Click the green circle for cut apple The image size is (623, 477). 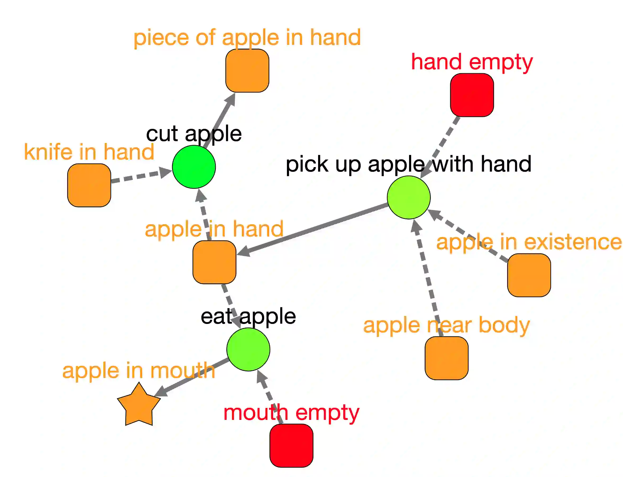(194, 167)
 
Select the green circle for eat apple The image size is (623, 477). (248, 350)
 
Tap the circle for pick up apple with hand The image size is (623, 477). (409, 198)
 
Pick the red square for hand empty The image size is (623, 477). (472, 95)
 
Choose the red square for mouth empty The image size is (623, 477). (291, 446)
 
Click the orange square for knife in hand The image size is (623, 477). (89, 185)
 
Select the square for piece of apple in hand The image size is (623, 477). (247, 71)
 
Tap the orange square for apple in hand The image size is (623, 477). (214, 262)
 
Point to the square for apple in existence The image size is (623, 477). (529, 276)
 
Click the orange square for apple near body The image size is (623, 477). (446, 358)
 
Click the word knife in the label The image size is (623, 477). (48, 152)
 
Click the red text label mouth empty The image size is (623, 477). (291, 413)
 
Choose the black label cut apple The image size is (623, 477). (194, 134)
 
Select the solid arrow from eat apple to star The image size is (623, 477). (193, 377)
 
